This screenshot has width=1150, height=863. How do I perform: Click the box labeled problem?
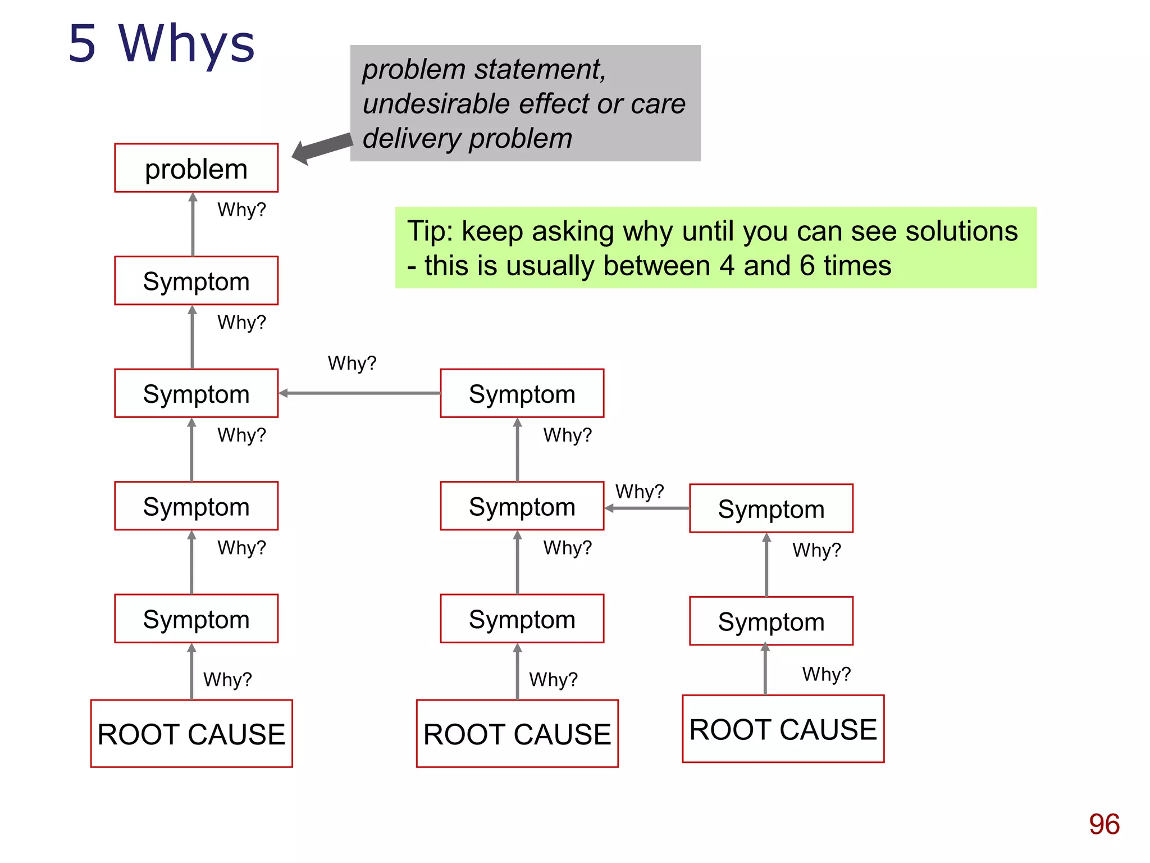pyautogui.click(x=196, y=168)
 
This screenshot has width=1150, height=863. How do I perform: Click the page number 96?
pyautogui.click(x=1103, y=824)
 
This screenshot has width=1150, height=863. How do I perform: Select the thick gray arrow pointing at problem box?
pyautogui.click(x=323, y=149)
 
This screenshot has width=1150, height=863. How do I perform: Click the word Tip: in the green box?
pyautogui.click(x=431, y=231)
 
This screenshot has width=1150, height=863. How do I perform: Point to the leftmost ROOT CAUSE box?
pyautogui.click(x=191, y=733)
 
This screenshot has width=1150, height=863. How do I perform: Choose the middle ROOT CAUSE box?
pyautogui.click(x=517, y=733)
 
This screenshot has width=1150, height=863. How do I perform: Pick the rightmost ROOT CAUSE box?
pyautogui.click(x=783, y=729)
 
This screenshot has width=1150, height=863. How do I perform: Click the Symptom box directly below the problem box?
pyautogui.click(x=196, y=281)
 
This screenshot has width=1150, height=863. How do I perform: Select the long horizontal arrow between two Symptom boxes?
pyautogui.click(x=359, y=393)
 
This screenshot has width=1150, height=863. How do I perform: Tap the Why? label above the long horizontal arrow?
pyautogui.click(x=352, y=363)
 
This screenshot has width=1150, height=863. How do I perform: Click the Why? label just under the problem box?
pyautogui.click(x=241, y=210)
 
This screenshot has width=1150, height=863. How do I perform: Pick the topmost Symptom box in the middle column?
pyautogui.click(x=522, y=393)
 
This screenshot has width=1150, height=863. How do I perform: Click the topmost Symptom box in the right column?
pyautogui.click(x=771, y=508)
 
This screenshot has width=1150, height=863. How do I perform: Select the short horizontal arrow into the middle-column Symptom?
pyautogui.click(x=647, y=508)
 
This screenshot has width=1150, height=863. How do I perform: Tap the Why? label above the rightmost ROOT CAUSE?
pyautogui.click(x=826, y=674)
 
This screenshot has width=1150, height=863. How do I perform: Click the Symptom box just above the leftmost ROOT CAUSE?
pyautogui.click(x=196, y=619)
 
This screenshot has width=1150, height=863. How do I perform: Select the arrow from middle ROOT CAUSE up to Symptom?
pyautogui.click(x=517, y=671)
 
